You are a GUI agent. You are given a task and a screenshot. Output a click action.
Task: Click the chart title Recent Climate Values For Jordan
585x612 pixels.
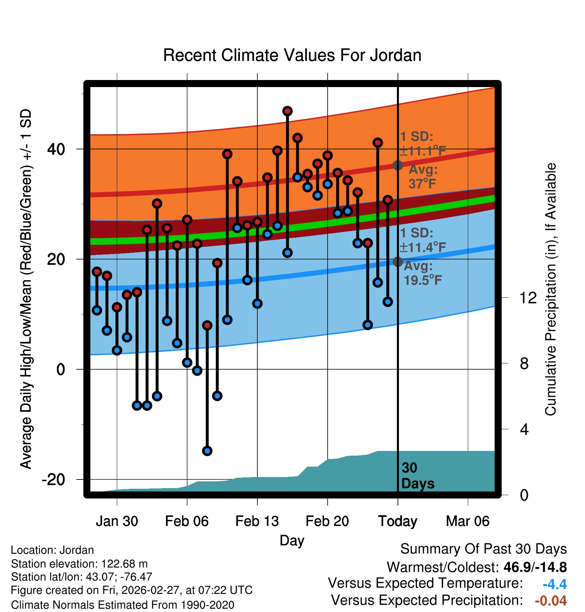pyautogui.click(x=292, y=55)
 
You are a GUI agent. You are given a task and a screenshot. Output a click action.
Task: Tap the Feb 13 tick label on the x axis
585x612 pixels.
pyautogui.click(x=257, y=521)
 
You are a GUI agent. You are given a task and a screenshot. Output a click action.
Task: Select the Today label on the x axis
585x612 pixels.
pyautogui.click(x=398, y=521)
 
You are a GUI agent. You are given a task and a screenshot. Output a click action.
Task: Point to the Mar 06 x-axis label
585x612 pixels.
pyautogui.click(x=468, y=521)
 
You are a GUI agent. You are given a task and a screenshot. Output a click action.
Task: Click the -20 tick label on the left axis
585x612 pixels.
pyautogui.click(x=53, y=480)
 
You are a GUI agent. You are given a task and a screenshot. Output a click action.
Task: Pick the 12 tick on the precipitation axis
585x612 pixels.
pyautogui.click(x=528, y=298)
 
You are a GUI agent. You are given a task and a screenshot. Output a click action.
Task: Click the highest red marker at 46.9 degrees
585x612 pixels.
pyautogui.click(x=287, y=111)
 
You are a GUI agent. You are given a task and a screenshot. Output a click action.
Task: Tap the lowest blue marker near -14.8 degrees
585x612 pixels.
pyautogui.click(x=207, y=451)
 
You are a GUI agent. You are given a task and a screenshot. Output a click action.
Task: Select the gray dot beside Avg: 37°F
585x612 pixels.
pyautogui.click(x=398, y=165)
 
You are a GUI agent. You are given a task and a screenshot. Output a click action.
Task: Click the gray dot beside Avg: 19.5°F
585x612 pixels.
pyautogui.click(x=398, y=262)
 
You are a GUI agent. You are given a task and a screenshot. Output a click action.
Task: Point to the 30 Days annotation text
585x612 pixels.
pyautogui.click(x=417, y=476)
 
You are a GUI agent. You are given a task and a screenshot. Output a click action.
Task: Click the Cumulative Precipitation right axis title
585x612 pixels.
pyautogui.click(x=551, y=289)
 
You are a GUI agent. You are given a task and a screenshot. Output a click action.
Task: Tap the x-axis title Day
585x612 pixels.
pyautogui.click(x=292, y=540)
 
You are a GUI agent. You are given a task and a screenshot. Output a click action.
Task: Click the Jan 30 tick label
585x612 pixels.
pyautogui.click(x=117, y=521)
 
